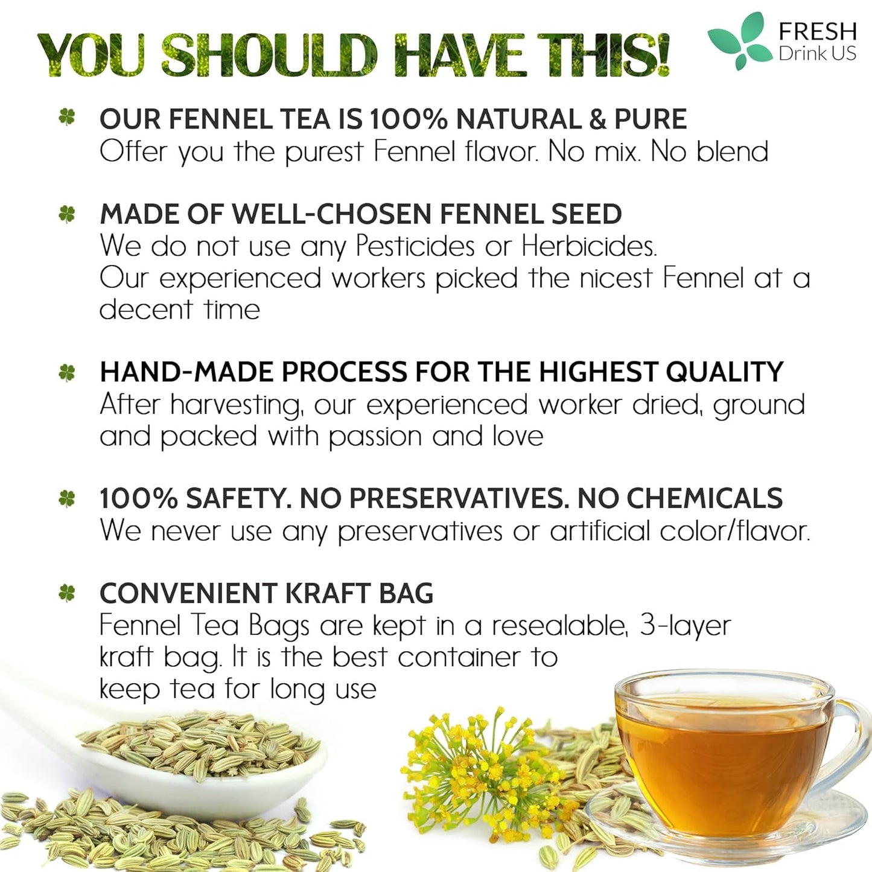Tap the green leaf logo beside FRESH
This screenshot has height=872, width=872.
(740, 40)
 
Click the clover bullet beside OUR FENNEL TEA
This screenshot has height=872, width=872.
(67, 117)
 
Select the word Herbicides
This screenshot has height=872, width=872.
(589, 246)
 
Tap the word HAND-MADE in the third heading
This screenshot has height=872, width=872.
(186, 372)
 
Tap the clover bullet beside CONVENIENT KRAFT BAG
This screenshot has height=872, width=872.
(67, 593)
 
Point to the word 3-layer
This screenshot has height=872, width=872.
(684, 626)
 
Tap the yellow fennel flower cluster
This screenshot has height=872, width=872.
(477, 763)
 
